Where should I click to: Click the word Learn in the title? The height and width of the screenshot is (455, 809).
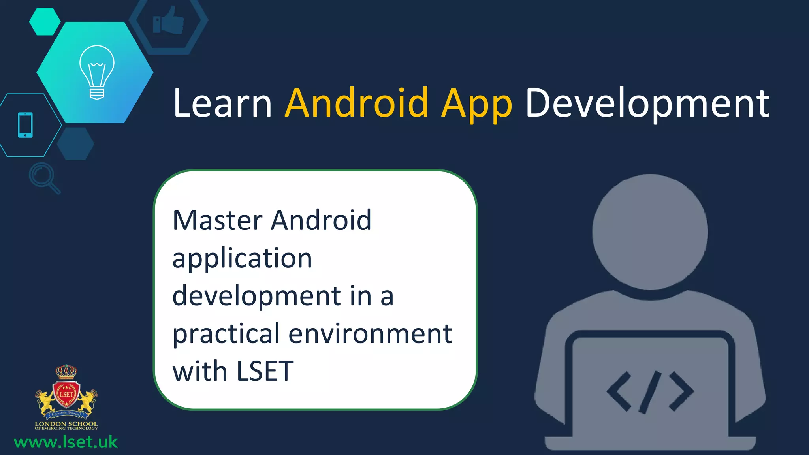(222, 103)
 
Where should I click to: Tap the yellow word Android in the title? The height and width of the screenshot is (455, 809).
(356, 103)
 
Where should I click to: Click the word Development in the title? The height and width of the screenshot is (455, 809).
(647, 104)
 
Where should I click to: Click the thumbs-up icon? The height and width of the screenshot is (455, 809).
(169, 21)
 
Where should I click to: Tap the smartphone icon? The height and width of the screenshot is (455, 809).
(25, 125)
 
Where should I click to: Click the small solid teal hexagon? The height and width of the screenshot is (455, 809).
(45, 21)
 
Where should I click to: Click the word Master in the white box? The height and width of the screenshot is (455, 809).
(218, 220)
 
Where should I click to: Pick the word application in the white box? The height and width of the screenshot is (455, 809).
(242, 258)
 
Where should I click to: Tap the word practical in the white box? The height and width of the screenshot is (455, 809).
(226, 334)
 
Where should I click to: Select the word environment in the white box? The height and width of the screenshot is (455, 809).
(370, 333)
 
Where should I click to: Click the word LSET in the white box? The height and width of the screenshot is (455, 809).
(265, 371)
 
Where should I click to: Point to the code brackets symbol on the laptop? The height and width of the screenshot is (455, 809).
(650, 391)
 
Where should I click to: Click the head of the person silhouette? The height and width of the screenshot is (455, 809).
(650, 232)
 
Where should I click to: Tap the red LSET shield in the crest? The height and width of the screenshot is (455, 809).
(66, 394)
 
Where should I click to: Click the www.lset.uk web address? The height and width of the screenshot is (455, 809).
(66, 442)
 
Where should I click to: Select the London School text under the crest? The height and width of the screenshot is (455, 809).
(66, 424)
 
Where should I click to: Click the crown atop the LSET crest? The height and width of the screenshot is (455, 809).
(66, 371)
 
